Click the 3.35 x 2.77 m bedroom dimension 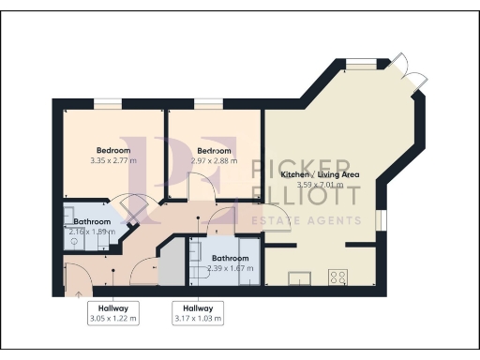[x=112, y=161]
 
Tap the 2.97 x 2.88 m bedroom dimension [x=214, y=161]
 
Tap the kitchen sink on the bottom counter [x=300, y=277]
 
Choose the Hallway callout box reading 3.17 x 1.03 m [x=198, y=314]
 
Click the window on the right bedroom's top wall [x=204, y=104]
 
